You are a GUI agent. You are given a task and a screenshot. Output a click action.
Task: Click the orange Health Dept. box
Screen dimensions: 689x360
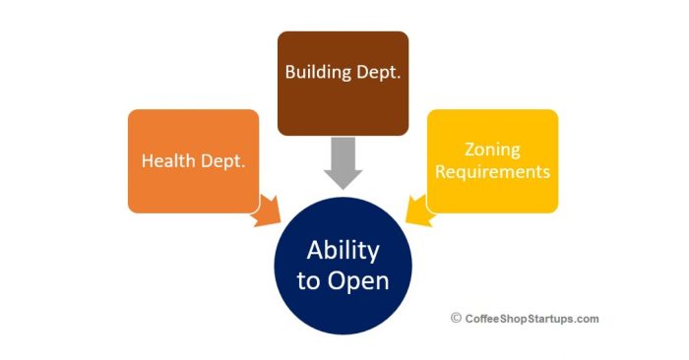point(193,161)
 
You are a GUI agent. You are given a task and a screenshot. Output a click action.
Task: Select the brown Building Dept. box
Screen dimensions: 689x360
point(343,83)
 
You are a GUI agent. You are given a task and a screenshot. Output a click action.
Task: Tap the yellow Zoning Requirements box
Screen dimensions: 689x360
point(492,161)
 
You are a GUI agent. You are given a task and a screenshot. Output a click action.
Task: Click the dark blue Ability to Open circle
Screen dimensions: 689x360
point(343,266)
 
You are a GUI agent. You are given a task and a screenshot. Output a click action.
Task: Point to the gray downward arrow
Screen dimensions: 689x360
point(343,163)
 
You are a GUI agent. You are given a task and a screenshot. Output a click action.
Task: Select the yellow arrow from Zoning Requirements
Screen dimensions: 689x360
point(418,210)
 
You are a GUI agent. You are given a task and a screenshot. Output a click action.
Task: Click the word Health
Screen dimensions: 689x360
point(168,160)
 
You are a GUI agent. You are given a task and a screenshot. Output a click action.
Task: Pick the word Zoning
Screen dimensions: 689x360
point(492,150)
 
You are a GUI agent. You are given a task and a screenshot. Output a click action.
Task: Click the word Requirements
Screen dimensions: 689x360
point(492,172)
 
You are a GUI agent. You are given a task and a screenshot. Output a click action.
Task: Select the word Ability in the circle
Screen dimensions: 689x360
point(343,251)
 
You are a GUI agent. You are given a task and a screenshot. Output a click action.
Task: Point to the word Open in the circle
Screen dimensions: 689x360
point(358,281)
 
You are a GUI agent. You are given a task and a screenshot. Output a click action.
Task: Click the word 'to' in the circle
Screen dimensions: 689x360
point(308,281)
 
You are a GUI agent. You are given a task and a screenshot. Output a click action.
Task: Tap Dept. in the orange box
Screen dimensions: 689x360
point(222,161)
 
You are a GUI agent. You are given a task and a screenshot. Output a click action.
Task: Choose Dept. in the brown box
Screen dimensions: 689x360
point(378,73)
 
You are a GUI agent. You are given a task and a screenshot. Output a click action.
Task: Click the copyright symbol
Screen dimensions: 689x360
point(456,318)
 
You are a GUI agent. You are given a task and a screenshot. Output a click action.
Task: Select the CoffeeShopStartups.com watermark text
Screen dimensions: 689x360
point(532,319)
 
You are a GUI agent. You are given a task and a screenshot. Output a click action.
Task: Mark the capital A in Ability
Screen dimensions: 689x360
point(315,251)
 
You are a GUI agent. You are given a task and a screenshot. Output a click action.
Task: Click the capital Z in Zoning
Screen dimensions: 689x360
point(470,150)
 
